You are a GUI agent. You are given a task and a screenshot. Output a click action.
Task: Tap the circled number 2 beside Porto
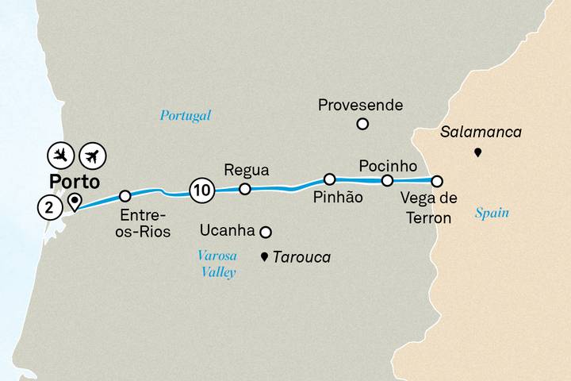49,208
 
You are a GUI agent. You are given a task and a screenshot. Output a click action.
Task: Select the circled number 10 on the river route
201,190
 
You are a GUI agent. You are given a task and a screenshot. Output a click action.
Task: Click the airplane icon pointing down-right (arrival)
61,153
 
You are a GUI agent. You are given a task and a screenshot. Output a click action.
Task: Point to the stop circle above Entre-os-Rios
125,195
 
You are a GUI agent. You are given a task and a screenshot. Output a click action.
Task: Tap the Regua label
247,170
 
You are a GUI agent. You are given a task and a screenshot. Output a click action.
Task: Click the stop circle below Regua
245,189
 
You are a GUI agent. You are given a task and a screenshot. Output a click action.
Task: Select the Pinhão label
338,198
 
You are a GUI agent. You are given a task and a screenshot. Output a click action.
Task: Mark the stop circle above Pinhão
329,179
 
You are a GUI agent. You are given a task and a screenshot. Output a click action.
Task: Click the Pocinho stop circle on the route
387,181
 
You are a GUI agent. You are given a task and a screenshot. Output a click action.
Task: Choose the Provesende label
360,105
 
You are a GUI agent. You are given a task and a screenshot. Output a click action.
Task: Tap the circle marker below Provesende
362,123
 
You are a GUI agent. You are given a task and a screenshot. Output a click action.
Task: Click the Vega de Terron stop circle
436,180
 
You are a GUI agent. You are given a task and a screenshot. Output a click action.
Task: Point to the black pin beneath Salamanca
477,152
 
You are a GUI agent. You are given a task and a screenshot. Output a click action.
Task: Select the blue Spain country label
492,213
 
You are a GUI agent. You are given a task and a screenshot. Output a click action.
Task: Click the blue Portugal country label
185,115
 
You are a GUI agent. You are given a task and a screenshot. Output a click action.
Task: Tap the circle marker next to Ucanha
266,232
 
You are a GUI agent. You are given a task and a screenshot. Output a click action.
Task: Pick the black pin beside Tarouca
265,256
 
